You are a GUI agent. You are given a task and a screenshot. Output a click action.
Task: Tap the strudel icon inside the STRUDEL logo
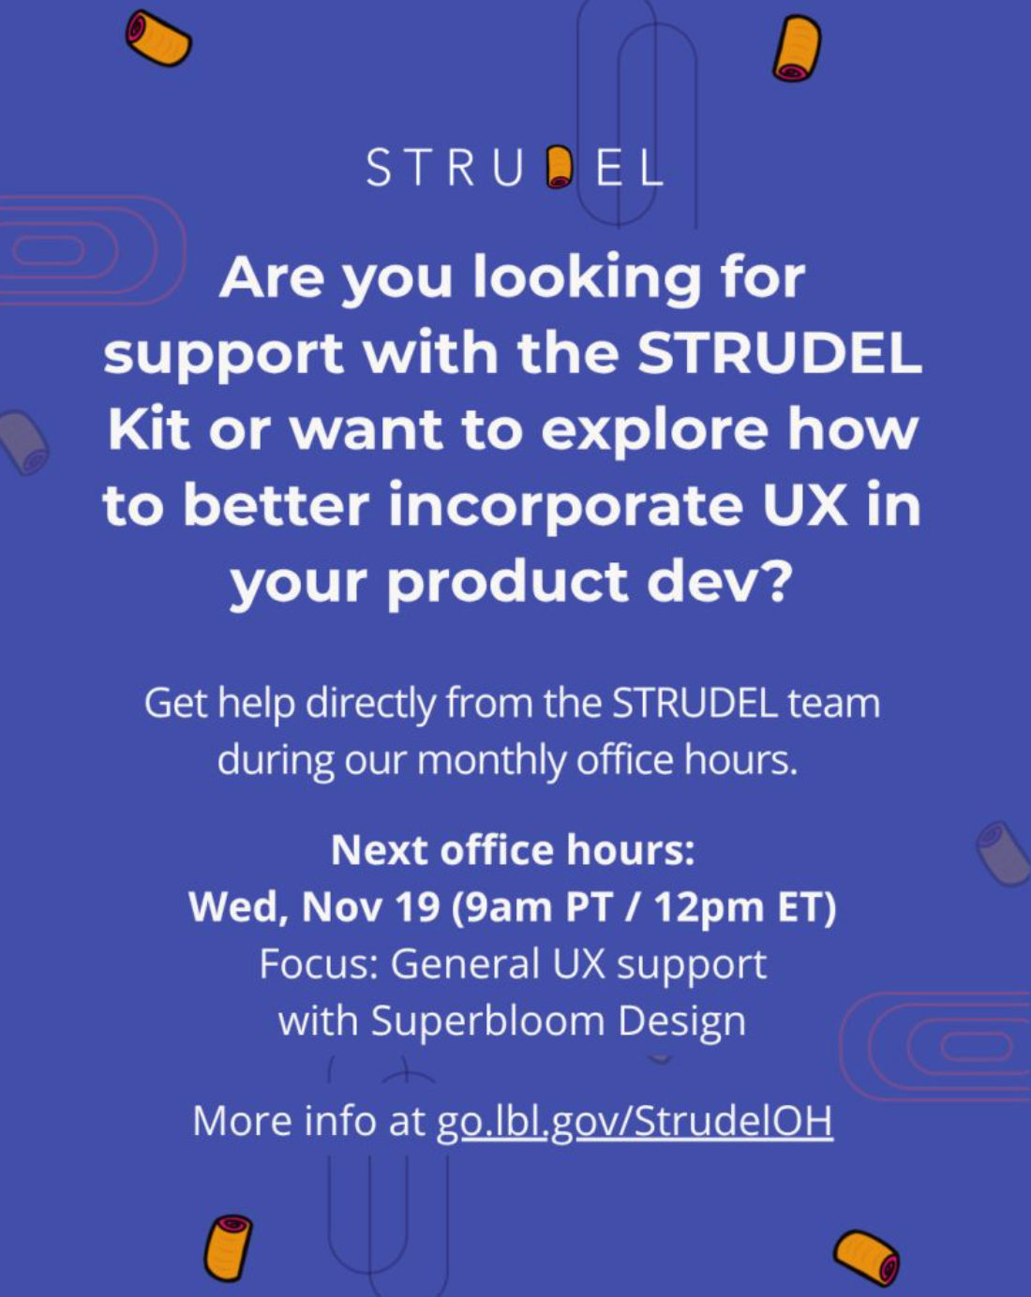point(558,168)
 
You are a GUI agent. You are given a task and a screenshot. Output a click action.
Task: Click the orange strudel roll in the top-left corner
point(158,38)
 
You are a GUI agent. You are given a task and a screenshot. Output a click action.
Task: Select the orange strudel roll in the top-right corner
point(797,48)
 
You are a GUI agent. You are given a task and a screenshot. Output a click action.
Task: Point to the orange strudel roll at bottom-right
point(866,1258)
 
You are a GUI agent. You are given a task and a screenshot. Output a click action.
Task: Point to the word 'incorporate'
point(565,508)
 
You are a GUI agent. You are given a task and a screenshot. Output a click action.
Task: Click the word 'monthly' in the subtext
point(491,761)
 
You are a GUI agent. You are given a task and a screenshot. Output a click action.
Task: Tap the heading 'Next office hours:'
point(513,850)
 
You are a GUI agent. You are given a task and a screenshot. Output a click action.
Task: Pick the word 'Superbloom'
point(486,1021)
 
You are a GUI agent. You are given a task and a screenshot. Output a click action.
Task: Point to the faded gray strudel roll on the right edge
point(1005,854)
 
